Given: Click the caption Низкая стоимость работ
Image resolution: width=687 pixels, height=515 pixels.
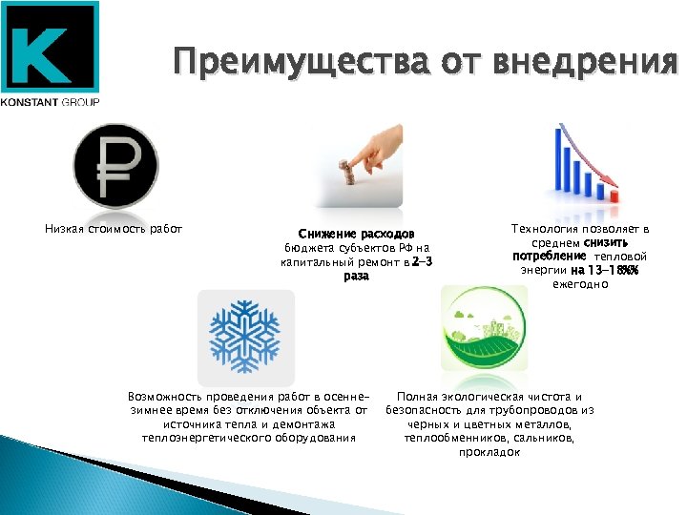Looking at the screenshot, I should pos(114,228).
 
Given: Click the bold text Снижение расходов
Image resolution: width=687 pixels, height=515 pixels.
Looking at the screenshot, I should pos(356,234).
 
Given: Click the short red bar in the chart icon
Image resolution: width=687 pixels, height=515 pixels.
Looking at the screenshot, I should pos(615,195).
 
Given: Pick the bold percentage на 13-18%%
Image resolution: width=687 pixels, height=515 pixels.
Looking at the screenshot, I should pos(605,270).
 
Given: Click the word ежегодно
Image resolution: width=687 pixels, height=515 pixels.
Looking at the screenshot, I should pos(580,284).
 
